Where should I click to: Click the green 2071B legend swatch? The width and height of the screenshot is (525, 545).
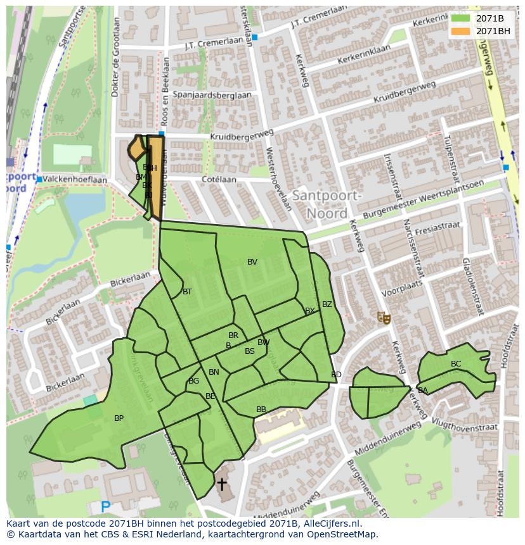pos(460,18)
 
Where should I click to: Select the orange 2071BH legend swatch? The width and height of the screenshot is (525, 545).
pos(460,31)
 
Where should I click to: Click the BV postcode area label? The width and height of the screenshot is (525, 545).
pos(252,262)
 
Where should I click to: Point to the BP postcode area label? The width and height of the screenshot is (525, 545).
pos(119,418)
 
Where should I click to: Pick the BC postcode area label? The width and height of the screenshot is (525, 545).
pos(456,364)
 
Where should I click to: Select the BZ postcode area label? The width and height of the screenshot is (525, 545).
pos(327,304)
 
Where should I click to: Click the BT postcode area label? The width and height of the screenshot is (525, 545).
pos(187,292)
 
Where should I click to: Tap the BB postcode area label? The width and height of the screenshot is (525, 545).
pos(261,410)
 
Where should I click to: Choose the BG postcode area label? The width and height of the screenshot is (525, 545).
pos(194,381)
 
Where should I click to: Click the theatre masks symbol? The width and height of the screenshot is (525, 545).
pos(383,316)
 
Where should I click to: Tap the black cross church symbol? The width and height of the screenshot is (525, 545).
pos(222,485)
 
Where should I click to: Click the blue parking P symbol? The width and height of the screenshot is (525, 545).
pos(106,507)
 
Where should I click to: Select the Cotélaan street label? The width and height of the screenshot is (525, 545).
pos(219,180)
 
